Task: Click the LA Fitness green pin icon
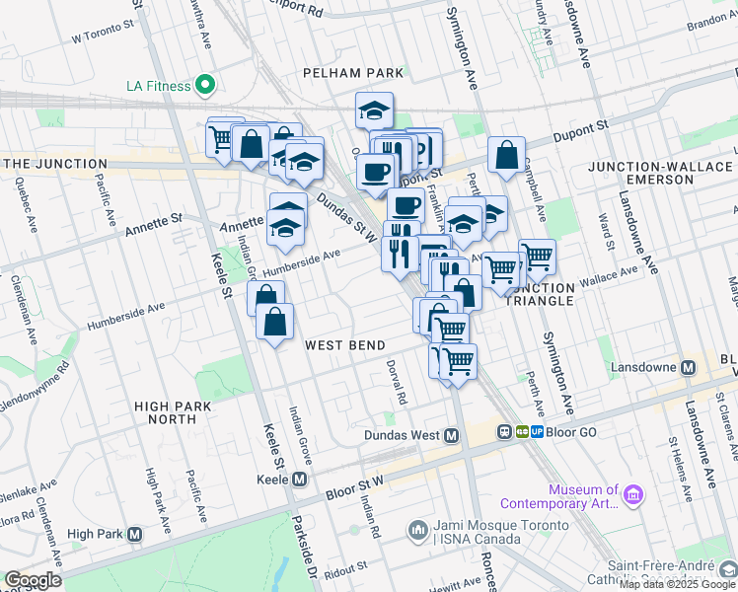pos(206,86)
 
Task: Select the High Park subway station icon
pos(135,535)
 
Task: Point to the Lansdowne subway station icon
pos(689,367)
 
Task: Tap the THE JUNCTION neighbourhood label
pos(54,164)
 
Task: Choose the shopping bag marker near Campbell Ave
pos(506,154)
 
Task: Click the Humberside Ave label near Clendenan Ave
pos(125,316)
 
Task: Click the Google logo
pos(33,580)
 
